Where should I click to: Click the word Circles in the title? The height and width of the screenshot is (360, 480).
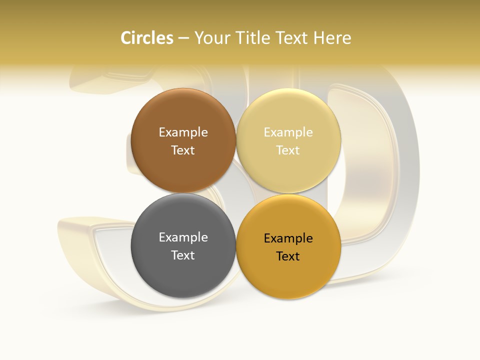click(146, 38)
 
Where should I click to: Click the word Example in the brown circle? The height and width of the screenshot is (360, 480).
click(183, 132)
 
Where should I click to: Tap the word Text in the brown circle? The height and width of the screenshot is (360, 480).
click(183, 150)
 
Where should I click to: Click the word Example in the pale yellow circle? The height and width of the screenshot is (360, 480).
click(288, 132)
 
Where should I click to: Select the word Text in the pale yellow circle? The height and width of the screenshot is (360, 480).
click(288, 150)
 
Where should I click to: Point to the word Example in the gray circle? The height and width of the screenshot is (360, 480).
click(183, 237)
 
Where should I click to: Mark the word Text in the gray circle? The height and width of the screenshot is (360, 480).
click(183, 255)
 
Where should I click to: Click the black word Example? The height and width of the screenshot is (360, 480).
click(288, 238)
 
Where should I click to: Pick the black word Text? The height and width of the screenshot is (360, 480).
click(288, 256)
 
